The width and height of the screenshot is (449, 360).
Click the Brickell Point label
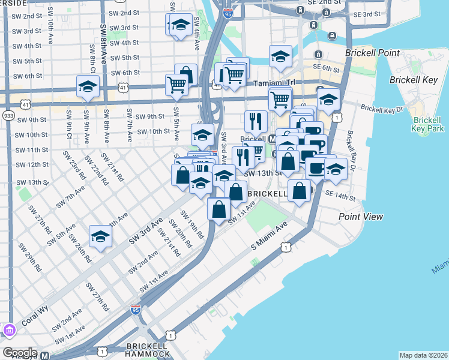(367, 53)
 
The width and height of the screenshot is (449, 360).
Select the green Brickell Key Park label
(428, 124)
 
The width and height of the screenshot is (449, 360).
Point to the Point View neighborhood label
(360, 217)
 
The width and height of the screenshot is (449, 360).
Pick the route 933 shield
(8, 115)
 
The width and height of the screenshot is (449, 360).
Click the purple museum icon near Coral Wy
(9, 331)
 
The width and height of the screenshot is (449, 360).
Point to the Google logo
(20, 353)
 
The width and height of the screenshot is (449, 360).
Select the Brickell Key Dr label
(382, 110)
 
